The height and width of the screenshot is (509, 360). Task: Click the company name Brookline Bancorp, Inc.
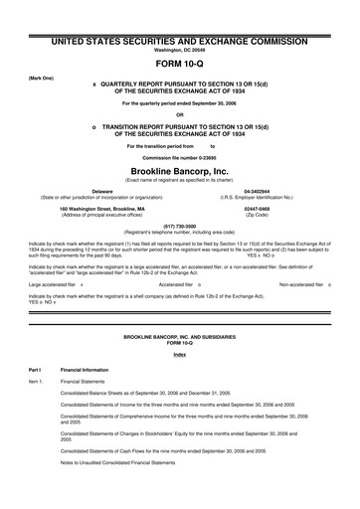click(179, 172)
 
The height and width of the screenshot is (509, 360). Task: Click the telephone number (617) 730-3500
click(179, 225)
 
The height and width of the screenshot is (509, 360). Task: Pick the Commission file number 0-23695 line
click(179, 159)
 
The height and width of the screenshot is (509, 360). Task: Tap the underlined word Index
click(179, 356)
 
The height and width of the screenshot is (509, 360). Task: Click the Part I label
click(36, 372)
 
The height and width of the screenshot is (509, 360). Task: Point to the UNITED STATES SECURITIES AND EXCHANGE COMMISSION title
click(179, 37)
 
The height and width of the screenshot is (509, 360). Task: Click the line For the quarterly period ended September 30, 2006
click(179, 103)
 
